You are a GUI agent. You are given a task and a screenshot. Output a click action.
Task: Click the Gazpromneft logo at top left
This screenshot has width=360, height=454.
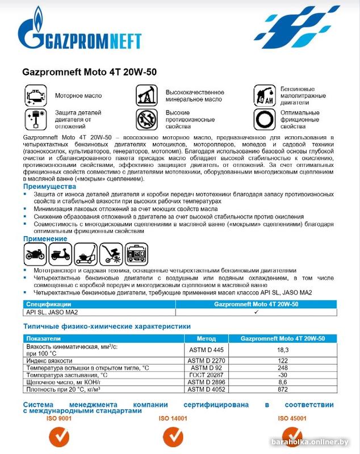point(79,33)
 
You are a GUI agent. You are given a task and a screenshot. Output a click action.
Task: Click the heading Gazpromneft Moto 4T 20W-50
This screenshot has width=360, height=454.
point(89,73)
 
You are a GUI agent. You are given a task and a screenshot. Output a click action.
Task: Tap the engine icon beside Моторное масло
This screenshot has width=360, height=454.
point(36,95)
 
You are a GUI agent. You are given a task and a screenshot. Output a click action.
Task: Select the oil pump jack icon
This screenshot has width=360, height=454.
point(146,95)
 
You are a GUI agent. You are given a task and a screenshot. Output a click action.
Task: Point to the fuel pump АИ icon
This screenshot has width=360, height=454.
point(264,96)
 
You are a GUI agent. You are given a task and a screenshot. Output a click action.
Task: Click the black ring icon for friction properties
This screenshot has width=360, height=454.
point(264,120)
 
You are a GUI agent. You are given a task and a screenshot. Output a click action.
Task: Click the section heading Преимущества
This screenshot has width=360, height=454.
point(49,186)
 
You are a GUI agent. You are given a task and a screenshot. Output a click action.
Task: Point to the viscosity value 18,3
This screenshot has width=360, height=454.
point(283,350)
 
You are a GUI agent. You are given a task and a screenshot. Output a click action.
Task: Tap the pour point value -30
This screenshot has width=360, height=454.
point(283,375)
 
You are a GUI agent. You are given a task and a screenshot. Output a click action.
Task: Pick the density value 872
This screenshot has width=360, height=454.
point(283,390)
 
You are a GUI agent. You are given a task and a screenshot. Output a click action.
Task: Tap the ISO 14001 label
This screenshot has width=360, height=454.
point(173,418)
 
